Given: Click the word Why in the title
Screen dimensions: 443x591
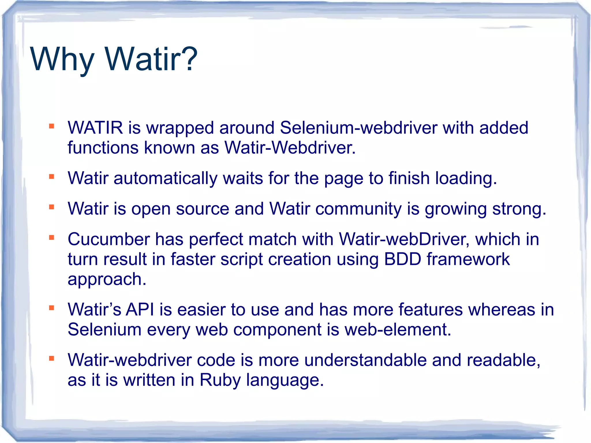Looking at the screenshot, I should click(62, 60).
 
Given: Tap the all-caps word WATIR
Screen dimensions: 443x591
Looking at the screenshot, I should click(95, 128).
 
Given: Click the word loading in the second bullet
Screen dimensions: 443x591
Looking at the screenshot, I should click(465, 178).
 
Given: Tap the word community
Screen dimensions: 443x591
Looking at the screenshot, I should click(358, 209).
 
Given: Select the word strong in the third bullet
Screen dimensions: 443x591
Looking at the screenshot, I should click(519, 209).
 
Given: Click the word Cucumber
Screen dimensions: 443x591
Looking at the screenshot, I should click(109, 239).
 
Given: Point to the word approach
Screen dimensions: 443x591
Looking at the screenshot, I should click(107, 279).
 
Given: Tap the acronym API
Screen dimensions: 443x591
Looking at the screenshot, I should click(140, 310).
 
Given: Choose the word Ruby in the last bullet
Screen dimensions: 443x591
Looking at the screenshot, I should click(220, 380).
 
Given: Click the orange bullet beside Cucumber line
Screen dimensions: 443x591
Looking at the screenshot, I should click(52, 238).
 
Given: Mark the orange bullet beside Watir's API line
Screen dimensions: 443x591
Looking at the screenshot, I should click(52, 308).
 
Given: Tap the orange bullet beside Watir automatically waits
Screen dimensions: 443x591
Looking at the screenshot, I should click(52, 177).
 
